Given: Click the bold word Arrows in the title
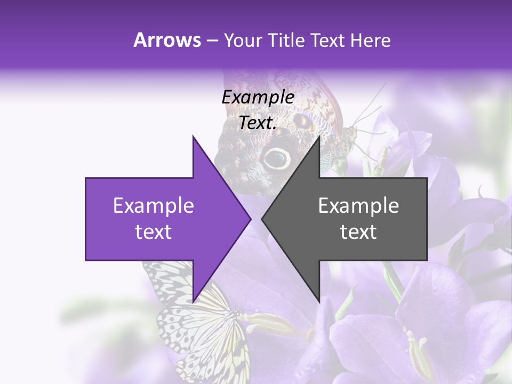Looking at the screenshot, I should pos(167,40).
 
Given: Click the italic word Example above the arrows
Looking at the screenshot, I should pos(258,97).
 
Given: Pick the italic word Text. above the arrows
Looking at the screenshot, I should pos(258,123).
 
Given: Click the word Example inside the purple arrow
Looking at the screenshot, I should pos(154,206).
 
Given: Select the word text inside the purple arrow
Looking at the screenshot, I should pos(154,232).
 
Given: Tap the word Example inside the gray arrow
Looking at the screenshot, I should pos(358,206).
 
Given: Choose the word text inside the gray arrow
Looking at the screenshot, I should pos(358,232).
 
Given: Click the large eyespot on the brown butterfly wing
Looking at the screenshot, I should pos(277,157).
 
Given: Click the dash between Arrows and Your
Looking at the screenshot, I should pos(212,41).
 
